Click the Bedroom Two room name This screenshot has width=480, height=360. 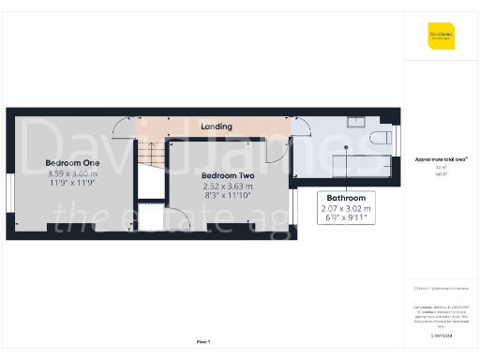(228, 174)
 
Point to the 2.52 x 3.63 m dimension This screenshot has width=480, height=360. (228, 186)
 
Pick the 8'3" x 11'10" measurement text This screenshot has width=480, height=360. (228, 196)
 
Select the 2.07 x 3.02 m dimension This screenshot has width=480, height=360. (346, 208)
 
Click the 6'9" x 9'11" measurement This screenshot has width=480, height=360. (346, 218)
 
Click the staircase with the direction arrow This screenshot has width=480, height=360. (148, 156)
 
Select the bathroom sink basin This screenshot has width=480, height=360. (356, 121)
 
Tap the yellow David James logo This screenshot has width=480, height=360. (441, 37)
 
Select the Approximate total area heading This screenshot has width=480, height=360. (442, 159)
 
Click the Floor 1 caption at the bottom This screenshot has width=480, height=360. (203, 341)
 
